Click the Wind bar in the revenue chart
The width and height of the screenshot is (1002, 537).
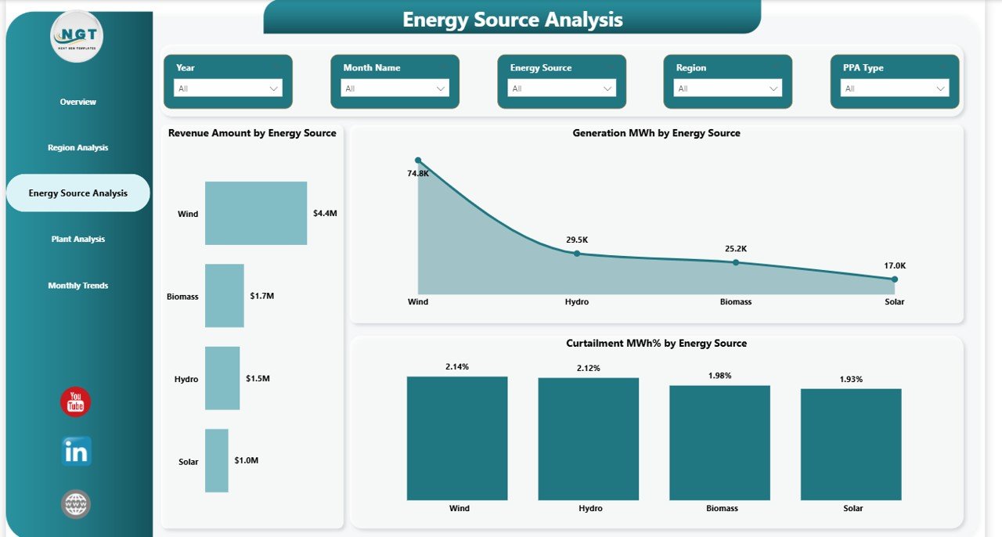point(256,213)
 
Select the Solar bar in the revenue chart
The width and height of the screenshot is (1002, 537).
point(217,460)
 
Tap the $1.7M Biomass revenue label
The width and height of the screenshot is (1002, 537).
point(262,296)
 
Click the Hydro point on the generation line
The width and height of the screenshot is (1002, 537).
point(577,254)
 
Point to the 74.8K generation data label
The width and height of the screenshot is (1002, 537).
point(418,173)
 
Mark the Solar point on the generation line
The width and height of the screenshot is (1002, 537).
point(894,279)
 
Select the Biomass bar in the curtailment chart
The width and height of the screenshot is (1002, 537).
point(719,442)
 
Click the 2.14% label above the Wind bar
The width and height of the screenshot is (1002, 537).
point(456,366)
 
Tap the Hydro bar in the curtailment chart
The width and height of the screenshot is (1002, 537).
point(588,438)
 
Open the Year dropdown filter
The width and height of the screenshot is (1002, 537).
point(228,88)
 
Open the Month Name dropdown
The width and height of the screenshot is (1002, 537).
point(395,88)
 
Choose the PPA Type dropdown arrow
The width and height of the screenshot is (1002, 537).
point(941,88)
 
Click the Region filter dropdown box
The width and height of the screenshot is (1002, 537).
point(727,88)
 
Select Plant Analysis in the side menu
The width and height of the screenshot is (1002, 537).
point(77,239)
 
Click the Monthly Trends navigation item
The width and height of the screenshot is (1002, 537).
point(77,286)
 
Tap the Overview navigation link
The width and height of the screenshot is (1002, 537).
point(77,102)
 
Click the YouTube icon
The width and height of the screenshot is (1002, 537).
point(76,402)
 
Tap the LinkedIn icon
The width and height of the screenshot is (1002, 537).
point(77,452)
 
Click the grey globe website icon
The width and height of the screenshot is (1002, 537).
point(76,504)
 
